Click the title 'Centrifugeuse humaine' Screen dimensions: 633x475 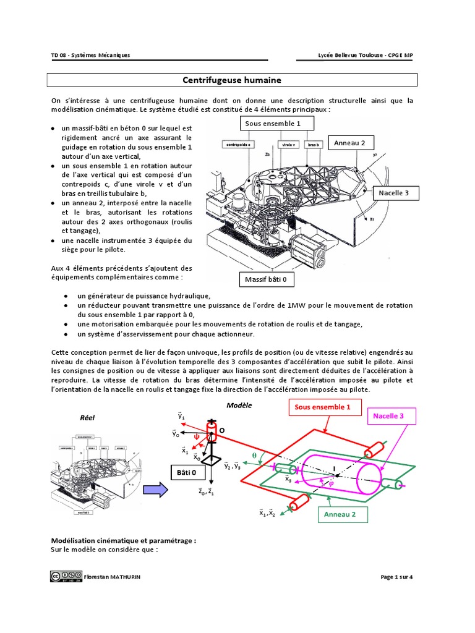tap(232, 80)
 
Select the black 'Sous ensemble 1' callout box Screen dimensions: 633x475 tap(273, 124)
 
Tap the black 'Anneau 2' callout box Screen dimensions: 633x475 tap(350, 143)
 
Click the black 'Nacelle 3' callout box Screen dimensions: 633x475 tap(394, 193)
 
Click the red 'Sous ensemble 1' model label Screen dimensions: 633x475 tap(322, 407)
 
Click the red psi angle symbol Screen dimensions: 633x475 tap(197, 435)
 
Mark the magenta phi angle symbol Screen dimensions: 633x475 tap(331, 484)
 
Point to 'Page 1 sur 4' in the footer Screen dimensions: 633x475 tap(397, 577)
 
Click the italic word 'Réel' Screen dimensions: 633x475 tap(87, 417)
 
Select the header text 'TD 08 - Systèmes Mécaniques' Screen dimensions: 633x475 tap(90, 56)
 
